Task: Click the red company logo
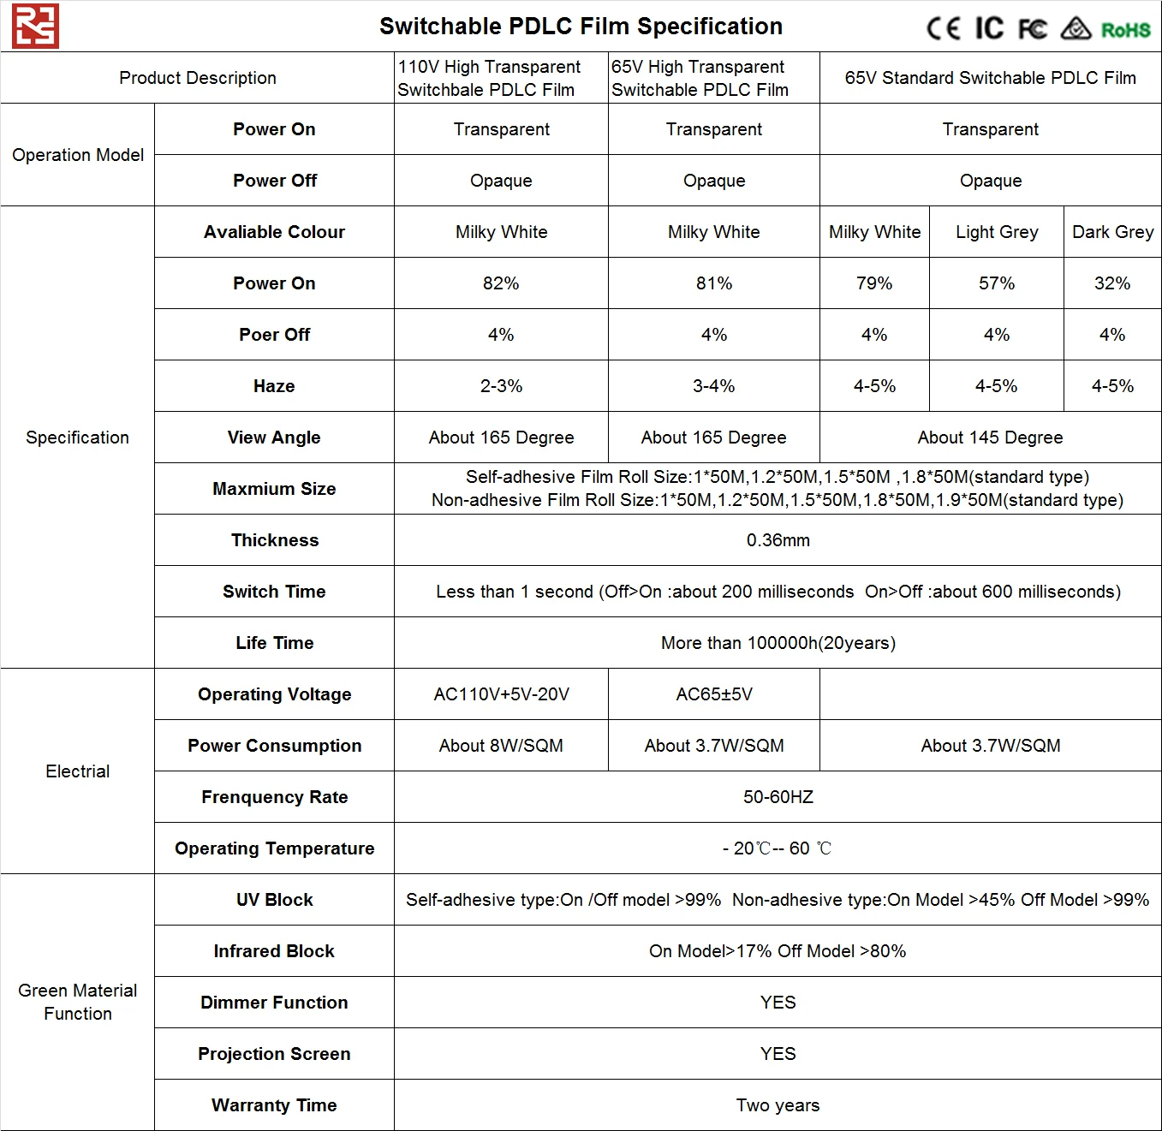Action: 35,26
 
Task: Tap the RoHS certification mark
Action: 1125,30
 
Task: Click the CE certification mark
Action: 944,28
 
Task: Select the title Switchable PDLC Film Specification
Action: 581,27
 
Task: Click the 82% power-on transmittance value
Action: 501,283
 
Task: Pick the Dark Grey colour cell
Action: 1112,232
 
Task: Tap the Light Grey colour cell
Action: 997,232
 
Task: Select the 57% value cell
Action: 997,283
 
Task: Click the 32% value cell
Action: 1112,283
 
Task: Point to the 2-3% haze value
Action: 501,386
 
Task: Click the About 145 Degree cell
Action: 990,438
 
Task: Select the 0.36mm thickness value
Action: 778,540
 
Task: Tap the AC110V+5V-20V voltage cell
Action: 501,694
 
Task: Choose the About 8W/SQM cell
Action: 501,746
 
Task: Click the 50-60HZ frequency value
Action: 778,797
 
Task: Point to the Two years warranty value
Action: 778,1105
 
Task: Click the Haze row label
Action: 274,386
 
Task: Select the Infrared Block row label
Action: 274,951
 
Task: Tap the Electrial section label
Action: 77,771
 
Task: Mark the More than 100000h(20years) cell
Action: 778,643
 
